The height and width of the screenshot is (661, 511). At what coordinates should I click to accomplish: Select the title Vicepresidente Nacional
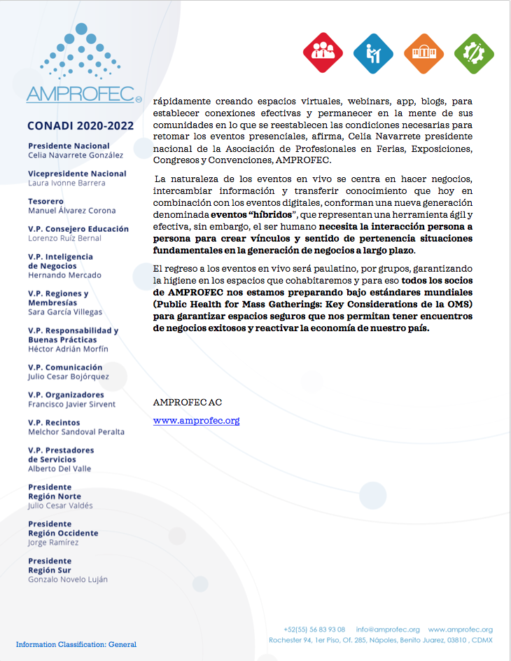pyautogui.click(x=77, y=173)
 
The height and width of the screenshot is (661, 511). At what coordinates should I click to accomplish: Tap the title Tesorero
pyautogui.click(x=45, y=201)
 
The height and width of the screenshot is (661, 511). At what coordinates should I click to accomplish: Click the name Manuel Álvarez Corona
pyautogui.click(x=72, y=210)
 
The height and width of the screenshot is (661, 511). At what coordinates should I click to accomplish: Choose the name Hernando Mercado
pyautogui.click(x=64, y=275)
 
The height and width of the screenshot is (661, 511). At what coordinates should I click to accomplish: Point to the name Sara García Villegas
pyautogui.click(x=65, y=312)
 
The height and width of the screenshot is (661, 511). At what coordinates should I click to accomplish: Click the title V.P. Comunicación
pyautogui.click(x=65, y=367)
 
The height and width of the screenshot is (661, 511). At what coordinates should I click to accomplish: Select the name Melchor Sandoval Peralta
pyautogui.click(x=76, y=432)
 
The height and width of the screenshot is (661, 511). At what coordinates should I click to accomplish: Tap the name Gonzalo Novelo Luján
pyautogui.click(x=68, y=579)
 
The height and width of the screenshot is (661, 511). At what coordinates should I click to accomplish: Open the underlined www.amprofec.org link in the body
pyautogui.click(x=197, y=421)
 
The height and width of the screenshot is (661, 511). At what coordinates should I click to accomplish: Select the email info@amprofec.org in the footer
pyautogui.click(x=388, y=629)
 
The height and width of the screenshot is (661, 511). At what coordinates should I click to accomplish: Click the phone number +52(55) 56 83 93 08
pyautogui.click(x=314, y=629)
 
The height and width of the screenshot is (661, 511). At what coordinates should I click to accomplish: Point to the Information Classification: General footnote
pyautogui.click(x=76, y=644)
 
